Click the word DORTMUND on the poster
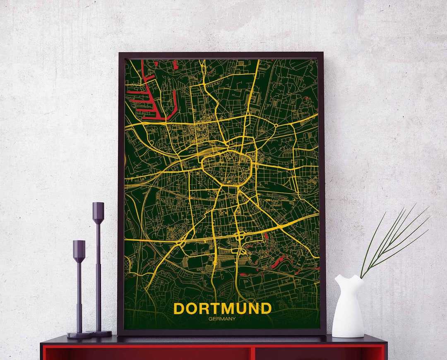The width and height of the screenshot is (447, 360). click(x=222, y=309)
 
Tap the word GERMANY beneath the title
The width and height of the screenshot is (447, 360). click(x=222, y=319)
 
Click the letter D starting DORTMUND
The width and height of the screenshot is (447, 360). click(x=180, y=309)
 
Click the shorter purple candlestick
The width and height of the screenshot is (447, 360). click(x=79, y=290)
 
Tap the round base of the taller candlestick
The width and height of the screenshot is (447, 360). click(x=101, y=334)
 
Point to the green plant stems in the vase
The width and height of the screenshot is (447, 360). click(x=393, y=240)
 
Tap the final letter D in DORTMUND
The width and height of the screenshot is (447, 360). click(x=266, y=309)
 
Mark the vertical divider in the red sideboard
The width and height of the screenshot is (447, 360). click(x=252, y=353)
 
